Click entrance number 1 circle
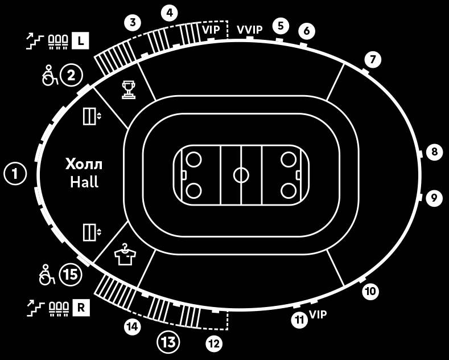[x=15, y=174]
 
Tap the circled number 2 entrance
[x=71, y=75]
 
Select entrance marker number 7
[x=372, y=59]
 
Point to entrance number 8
[x=434, y=152]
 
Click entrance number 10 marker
[x=370, y=292]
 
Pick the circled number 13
[x=168, y=342]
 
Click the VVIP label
[x=250, y=29]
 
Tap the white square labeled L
[x=80, y=41]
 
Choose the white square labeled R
[x=80, y=308]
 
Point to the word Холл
[x=84, y=165]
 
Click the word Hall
[x=84, y=182]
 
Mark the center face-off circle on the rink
[x=241, y=174]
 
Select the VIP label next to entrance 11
[x=318, y=314]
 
